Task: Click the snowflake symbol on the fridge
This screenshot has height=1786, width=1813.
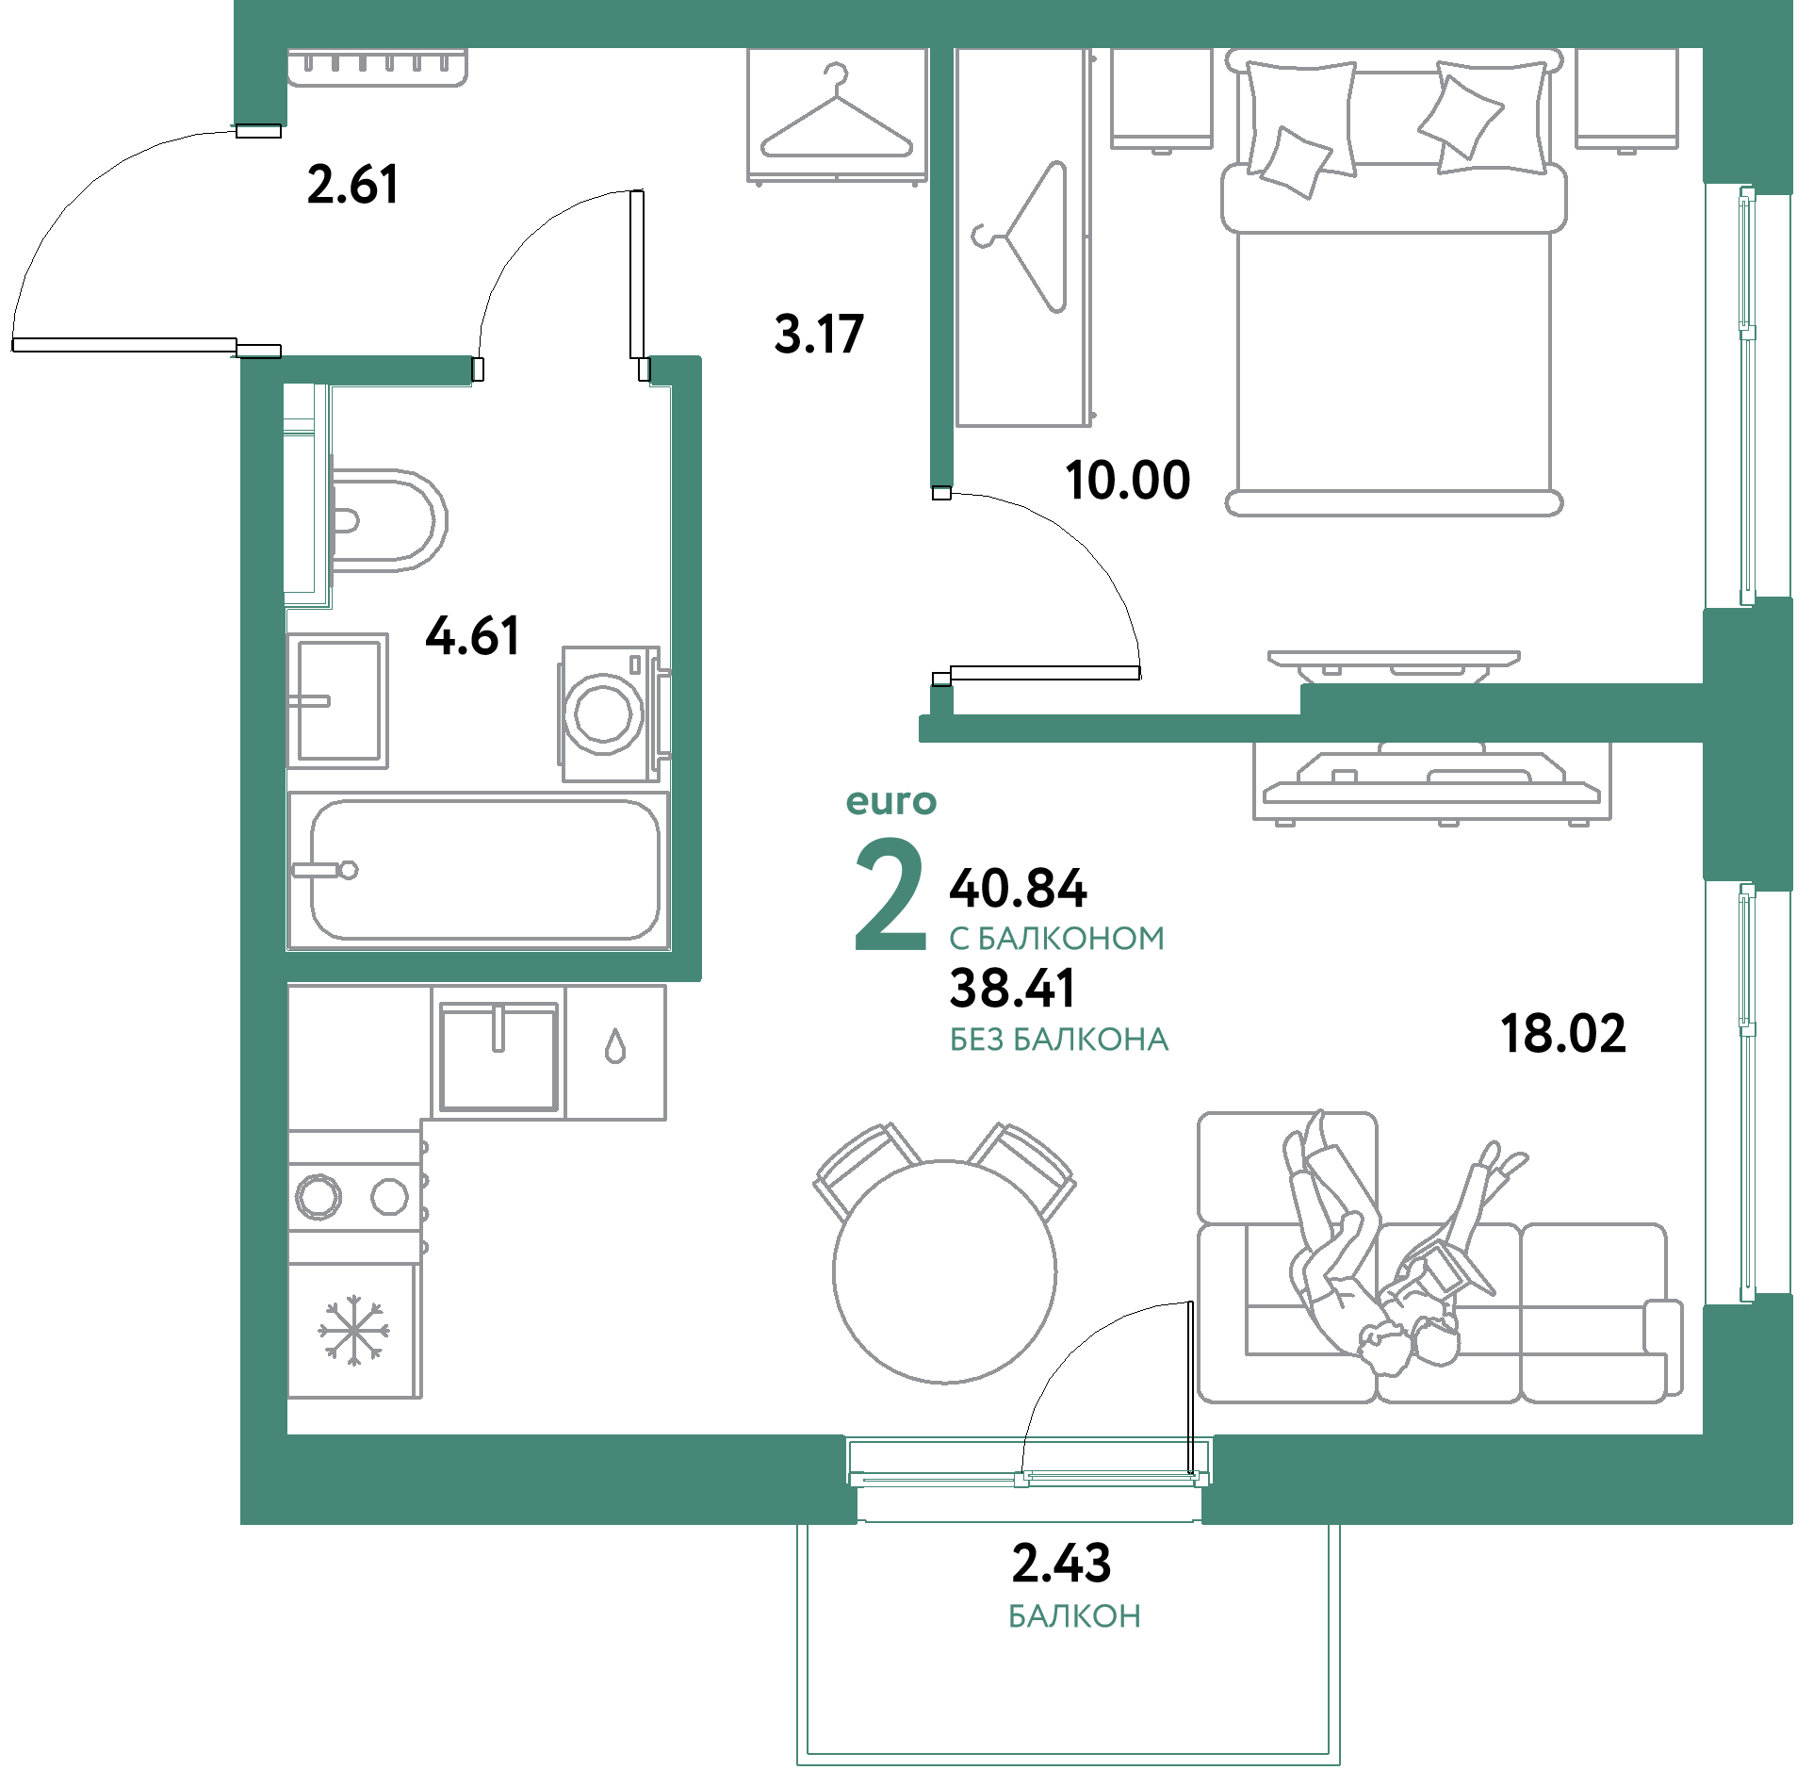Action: tap(353, 1330)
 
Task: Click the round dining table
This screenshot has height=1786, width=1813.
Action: tap(945, 1271)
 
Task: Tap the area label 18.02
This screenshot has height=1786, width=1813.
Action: tap(1562, 1033)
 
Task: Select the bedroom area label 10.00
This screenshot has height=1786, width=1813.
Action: tap(1128, 480)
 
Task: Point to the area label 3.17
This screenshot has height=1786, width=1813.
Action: tap(818, 334)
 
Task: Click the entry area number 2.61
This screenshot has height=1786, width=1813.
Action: tap(351, 185)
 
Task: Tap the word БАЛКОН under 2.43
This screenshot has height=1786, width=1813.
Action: tap(1074, 1616)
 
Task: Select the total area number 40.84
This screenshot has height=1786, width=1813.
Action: tap(1019, 888)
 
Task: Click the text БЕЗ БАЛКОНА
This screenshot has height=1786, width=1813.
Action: tap(1059, 1040)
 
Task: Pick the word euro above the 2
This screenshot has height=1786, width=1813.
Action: tap(891, 802)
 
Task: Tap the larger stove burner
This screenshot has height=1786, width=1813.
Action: tap(318, 1197)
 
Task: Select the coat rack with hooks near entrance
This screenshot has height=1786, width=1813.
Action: tap(377, 67)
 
